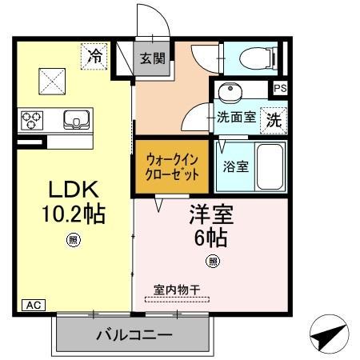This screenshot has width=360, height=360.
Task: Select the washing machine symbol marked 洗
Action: pos(274,120)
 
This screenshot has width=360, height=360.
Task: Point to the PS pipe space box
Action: pos(280,88)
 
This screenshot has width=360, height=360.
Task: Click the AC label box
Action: pos(32,305)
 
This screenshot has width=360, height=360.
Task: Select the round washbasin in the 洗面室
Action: pos(232,91)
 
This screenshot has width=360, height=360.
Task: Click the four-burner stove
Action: pos(33,120)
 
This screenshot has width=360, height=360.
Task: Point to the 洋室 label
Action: pos(210,214)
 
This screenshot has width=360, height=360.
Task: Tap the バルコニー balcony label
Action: pos(133,334)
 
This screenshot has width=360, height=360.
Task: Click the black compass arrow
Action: pos(330,335)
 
